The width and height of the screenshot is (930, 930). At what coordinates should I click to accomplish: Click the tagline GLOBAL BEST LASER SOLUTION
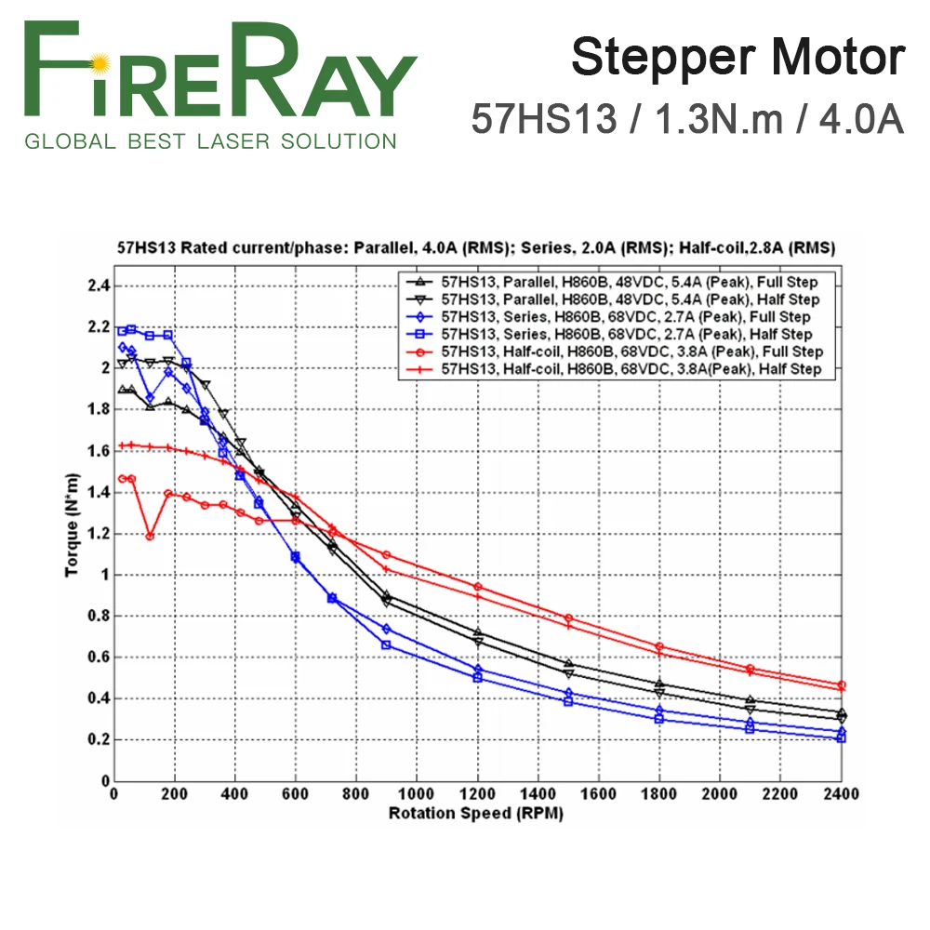click(210, 141)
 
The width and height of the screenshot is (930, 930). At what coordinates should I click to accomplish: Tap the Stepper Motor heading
click(737, 58)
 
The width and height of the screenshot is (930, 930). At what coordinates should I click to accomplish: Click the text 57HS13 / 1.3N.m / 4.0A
click(687, 118)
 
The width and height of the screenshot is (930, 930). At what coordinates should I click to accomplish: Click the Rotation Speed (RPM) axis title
click(475, 813)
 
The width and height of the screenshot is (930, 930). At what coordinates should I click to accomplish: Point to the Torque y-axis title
click(73, 525)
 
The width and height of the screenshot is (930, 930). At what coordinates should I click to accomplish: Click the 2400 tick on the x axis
click(841, 795)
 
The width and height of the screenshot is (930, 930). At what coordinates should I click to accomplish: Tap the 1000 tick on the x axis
click(416, 795)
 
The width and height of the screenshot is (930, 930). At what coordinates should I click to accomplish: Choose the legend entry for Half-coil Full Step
click(631, 352)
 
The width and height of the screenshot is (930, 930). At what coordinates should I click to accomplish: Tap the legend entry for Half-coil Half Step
click(630, 369)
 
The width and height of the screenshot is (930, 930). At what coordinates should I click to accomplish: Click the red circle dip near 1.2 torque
click(150, 536)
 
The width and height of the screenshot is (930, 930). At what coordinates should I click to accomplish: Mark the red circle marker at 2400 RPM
click(842, 684)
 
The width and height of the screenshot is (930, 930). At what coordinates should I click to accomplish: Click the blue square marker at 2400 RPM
click(842, 737)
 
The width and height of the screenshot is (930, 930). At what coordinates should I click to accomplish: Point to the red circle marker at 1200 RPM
click(478, 587)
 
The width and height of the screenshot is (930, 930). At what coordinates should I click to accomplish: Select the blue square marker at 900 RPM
click(387, 644)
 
